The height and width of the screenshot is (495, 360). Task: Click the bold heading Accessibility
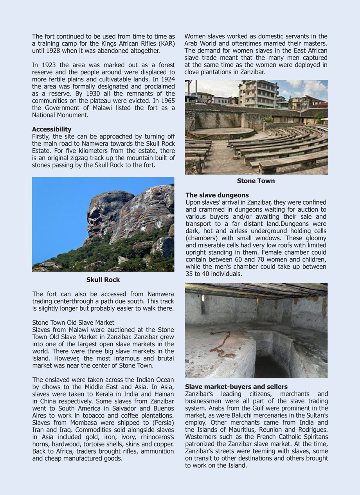(52, 129)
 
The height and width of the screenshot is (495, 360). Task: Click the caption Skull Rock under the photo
(103, 280)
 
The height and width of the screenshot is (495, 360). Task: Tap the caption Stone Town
(256, 181)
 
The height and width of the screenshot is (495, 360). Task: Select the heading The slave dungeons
(217, 195)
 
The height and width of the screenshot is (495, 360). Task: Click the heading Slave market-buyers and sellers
(236, 387)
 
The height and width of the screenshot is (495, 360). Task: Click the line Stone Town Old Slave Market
(73, 322)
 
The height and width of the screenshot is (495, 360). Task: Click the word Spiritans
(314, 437)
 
